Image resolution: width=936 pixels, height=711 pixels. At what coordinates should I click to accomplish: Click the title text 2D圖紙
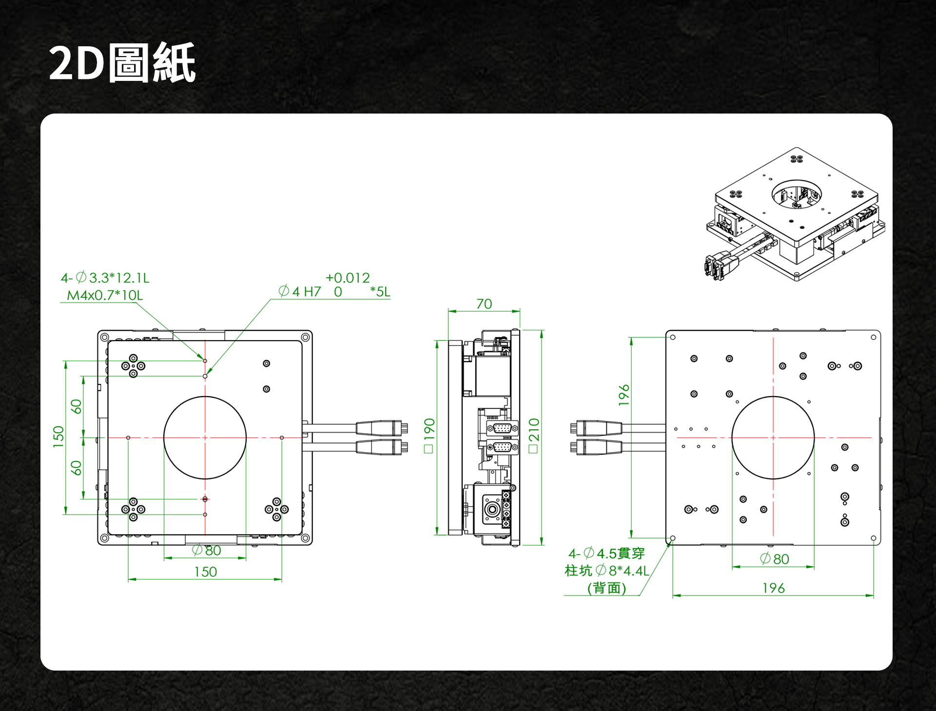(x=122, y=63)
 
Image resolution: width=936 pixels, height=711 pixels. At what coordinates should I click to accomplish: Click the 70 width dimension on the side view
(x=484, y=304)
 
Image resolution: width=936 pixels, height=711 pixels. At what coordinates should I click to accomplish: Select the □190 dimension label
(x=429, y=435)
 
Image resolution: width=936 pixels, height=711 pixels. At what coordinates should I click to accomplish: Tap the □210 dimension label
(x=534, y=435)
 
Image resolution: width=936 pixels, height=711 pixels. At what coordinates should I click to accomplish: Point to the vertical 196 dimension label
(x=624, y=395)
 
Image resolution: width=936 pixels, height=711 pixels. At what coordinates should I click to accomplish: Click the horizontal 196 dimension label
(x=774, y=588)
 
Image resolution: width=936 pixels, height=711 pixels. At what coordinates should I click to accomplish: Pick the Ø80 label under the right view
(x=775, y=559)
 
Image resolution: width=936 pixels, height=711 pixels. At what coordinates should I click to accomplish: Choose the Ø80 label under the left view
(x=207, y=550)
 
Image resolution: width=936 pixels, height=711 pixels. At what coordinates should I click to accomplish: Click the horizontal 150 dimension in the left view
(x=205, y=572)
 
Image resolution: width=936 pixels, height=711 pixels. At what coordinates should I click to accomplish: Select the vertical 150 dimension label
(x=58, y=437)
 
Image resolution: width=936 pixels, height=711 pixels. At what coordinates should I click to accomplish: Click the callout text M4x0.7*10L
(x=105, y=295)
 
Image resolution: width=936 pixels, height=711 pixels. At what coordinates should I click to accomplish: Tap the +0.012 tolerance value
(x=348, y=278)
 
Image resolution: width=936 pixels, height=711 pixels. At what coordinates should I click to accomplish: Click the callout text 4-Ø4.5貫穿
(x=606, y=554)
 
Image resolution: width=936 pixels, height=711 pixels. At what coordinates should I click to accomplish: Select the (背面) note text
(x=606, y=588)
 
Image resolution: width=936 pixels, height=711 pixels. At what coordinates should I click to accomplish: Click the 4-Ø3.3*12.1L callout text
(x=105, y=278)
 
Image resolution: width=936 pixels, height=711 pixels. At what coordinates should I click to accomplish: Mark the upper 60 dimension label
(x=76, y=406)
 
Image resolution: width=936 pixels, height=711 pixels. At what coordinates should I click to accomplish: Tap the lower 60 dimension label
(x=76, y=468)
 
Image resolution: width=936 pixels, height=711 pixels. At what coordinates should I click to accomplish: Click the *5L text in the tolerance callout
(x=380, y=291)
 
